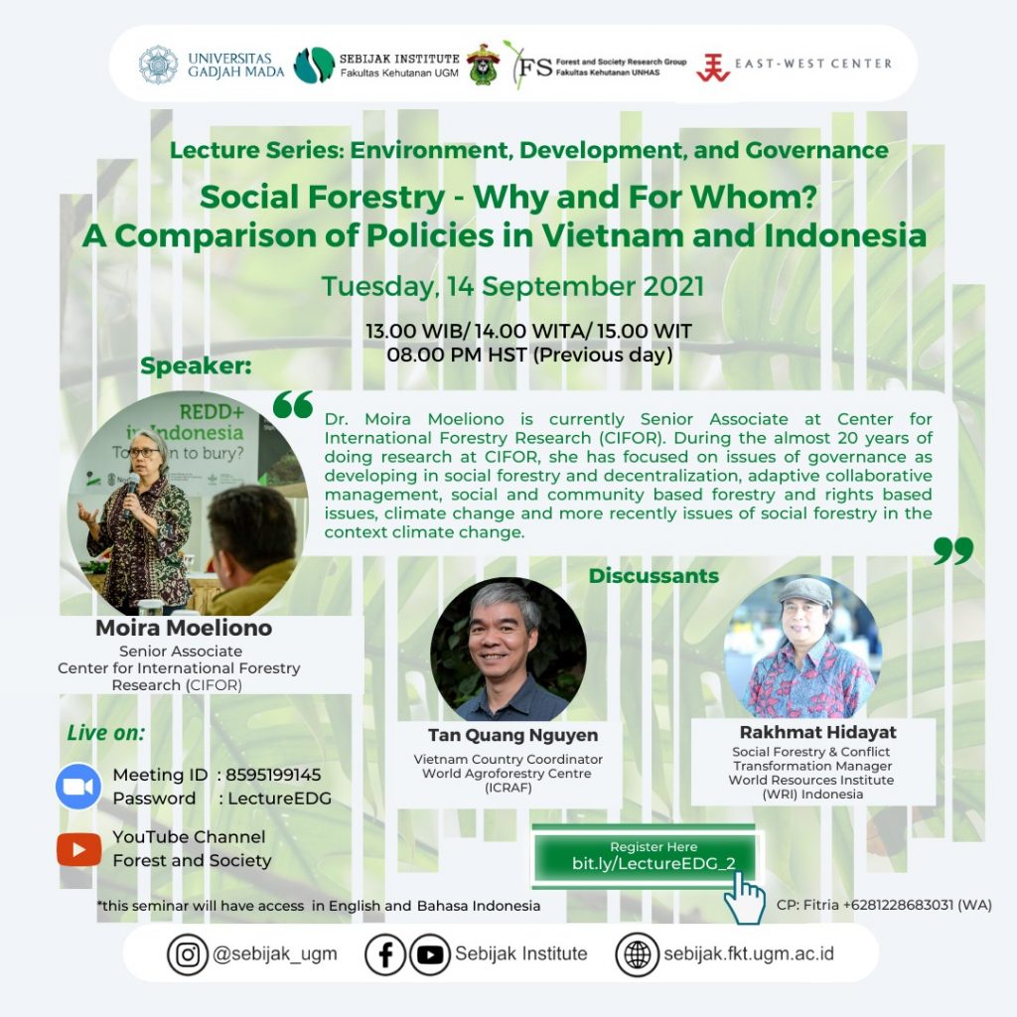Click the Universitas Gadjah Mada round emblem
[x=158, y=65]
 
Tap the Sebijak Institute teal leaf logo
[x=314, y=65]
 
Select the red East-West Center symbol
[x=713, y=68]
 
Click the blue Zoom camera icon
[x=78, y=787]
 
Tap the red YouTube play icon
[x=79, y=849]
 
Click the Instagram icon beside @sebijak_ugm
[x=188, y=954]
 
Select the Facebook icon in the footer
[x=385, y=954]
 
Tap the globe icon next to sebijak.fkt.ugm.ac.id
[x=637, y=954]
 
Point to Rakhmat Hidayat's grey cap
[x=804, y=591]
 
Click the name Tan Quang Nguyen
[x=513, y=735]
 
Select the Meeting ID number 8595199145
[x=273, y=775]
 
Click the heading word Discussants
[x=654, y=575]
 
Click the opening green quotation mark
[x=293, y=404]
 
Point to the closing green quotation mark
[x=953, y=550]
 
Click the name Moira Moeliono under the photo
[x=184, y=628]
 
